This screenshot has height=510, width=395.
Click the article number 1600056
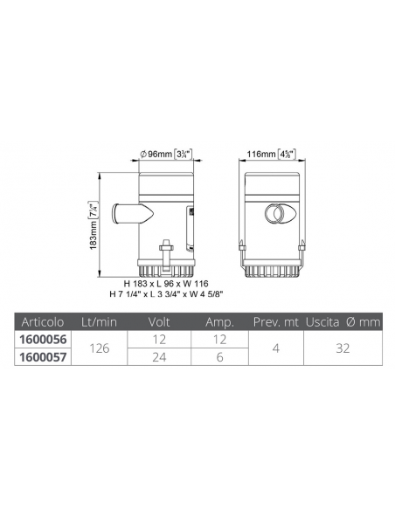click(x=43, y=340)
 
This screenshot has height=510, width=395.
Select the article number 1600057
click(x=43, y=357)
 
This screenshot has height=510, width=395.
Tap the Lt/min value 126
click(x=100, y=348)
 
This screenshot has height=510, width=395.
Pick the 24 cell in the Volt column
click(x=159, y=357)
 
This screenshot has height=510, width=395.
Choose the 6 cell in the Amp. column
click(x=219, y=357)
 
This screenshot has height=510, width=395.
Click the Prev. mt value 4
click(x=276, y=348)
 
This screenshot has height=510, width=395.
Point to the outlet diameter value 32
click(x=343, y=348)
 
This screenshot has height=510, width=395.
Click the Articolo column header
click(x=43, y=322)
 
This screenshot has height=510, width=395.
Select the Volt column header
click(x=159, y=322)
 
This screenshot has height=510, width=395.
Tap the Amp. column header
click(x=220, y=322)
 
